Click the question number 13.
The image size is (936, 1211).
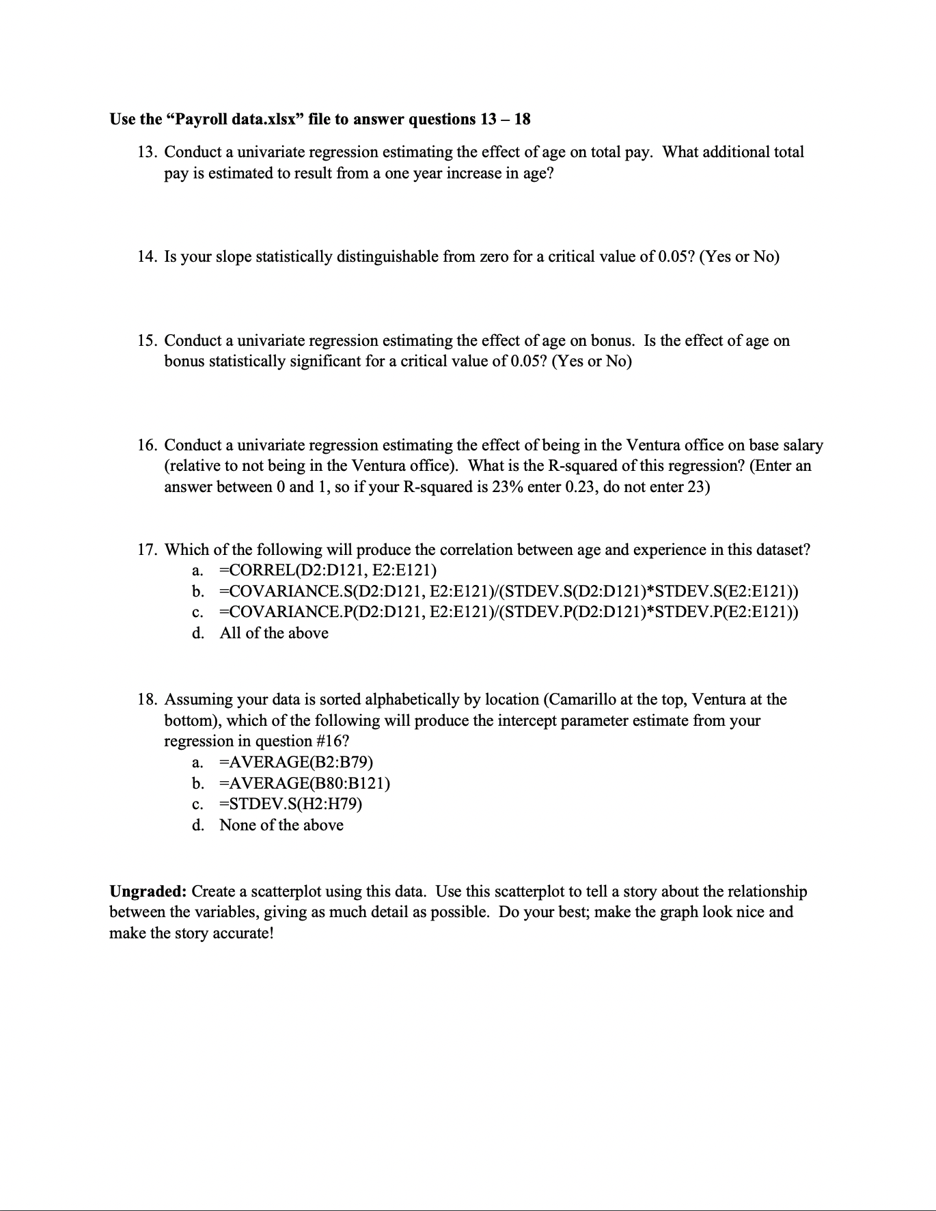(x=147, y=152)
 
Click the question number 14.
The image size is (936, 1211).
(x=147, y=257)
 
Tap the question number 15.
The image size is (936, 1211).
(x=147, y=341)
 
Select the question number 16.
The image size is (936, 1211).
(x=147, y=446)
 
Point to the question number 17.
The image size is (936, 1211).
(x=147, y=550)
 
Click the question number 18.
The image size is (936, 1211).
(x=147, y=700)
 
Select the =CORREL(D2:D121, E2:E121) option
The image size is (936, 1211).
(x=328, y=571)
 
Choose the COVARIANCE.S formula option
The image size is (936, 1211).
(x=508, y=591)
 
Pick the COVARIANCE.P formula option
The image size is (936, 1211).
(x=508, y=612)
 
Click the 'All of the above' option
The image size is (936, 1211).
(x=273, y=634)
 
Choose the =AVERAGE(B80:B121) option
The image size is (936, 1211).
(x=305, y=783)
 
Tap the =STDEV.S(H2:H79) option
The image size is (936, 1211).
(x=290, y=804)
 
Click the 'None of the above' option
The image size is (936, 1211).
(x=281, y=826)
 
